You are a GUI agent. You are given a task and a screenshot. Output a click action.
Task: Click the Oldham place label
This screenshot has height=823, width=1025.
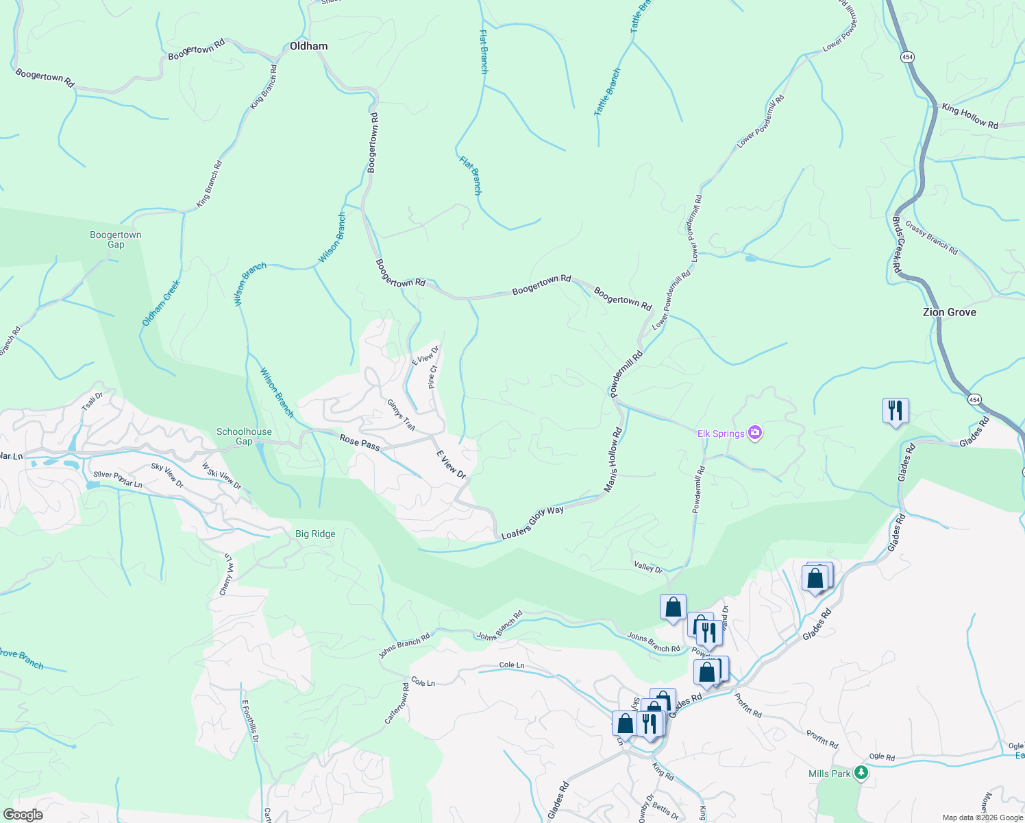click(x=308, y=46)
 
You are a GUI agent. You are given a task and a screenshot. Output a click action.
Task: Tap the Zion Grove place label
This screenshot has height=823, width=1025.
click(x=949, y=312)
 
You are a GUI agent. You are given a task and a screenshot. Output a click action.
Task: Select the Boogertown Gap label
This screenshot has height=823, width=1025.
click(x=116, y=239)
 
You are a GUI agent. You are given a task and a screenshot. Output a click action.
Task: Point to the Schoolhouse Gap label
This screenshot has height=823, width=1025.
click(x=244, y=436)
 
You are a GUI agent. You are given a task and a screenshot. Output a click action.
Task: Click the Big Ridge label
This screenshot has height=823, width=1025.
click(x=315, y=534)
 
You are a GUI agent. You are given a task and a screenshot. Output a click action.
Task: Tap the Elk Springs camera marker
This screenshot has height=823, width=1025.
click(x=755, y=433)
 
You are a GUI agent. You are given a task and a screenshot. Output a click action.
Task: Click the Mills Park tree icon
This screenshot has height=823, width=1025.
click(x=861, y=774)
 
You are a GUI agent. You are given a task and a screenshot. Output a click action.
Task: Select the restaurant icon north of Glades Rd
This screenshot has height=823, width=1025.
click(x=896, y=410)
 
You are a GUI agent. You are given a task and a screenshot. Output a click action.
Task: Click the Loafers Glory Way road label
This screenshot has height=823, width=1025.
click(x=532, y=523)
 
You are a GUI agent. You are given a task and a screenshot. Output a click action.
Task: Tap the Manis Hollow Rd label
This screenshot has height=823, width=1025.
click(x=613, y=460)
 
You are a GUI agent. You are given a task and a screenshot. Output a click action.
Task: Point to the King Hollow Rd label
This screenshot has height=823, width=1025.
click(x=970, y=116)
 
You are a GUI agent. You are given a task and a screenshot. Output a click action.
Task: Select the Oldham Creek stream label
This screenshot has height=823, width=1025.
click(x=161, y=302)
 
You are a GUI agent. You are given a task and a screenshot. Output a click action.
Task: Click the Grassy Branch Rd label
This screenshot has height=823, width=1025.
click(x=931, y=237)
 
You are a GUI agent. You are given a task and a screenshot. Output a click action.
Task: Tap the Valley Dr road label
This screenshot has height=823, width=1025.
click(x=648, y=567)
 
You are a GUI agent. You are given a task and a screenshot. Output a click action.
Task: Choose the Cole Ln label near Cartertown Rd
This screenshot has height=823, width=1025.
click(x=422, y=682)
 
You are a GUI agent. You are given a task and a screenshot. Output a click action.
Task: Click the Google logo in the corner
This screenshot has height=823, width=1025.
click(x=23, y=814)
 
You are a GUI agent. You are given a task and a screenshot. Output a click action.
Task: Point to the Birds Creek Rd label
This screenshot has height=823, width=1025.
click(x=897, y=246)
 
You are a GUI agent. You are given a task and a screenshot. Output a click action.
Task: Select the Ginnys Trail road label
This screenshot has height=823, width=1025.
click(x=401, y=415)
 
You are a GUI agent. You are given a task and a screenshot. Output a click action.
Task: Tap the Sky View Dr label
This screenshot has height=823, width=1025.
click(x=167, y=475)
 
